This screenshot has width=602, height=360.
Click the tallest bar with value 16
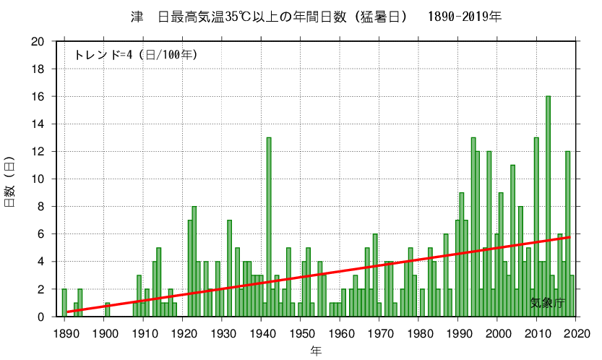(549, 206)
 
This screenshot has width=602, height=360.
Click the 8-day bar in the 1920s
(194, 261)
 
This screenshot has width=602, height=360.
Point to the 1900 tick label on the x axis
(106, 333)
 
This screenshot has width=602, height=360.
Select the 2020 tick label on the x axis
(576, 333)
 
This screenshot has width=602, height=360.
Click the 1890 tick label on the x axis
(66, 333)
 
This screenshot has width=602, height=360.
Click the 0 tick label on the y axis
(43, 317)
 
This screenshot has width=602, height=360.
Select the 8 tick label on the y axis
(43, 207)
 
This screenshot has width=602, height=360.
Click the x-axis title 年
(317, 351)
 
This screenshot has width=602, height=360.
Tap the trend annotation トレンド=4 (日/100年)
(136, 54)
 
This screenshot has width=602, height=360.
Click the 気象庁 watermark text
(546, 302)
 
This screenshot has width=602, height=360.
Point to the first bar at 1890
(64, 303)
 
